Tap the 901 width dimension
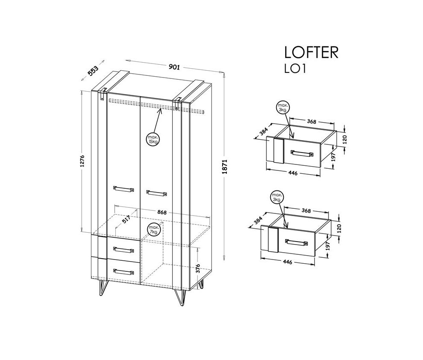[174, 67]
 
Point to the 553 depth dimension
[93, 71]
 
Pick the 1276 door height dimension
[83, 161]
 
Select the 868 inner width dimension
[161, 212]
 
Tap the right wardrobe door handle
[156, 193]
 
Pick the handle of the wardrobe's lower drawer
[123, 271]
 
